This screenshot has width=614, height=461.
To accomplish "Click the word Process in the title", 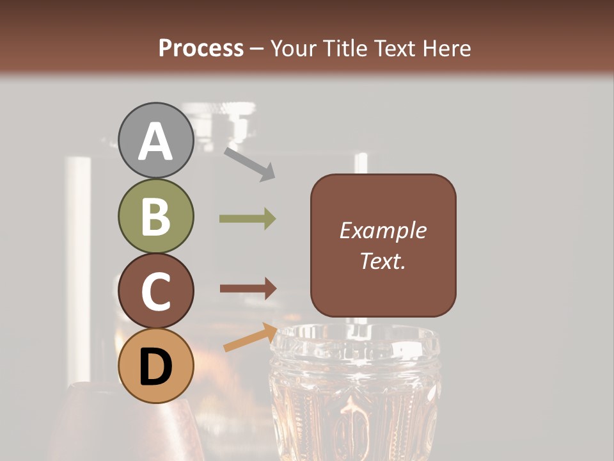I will (x=201, y=48).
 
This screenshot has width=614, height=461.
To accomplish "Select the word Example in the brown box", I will (x=382, y=230).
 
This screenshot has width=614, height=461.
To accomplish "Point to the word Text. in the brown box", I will (x=382, y=261).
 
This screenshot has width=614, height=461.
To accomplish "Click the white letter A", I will (x=156, y=141).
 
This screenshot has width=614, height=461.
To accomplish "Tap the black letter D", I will (x=156, y=367).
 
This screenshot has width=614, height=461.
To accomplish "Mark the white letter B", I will (x=156, y=216).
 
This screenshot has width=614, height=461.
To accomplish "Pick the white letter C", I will (x=156, y=292).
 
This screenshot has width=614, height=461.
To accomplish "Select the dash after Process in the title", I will (x=257, y=49).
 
